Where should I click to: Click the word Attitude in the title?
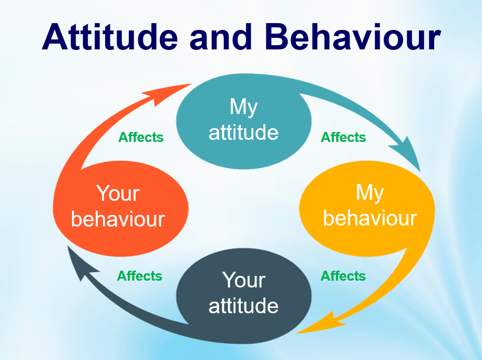coord(110,37)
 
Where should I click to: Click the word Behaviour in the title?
coord(353,37)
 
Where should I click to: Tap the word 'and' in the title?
coord(221,37)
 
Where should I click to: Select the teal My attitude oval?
coord(244,121)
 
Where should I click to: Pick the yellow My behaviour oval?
coord(367,209)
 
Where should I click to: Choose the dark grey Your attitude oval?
coord(244,296)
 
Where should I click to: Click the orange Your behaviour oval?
coord(120,209)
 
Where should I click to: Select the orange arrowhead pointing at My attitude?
coord(168,92)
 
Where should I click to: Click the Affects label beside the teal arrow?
coord(343,137)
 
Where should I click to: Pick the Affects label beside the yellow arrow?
coord(343,276)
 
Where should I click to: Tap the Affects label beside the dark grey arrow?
coord(140,276)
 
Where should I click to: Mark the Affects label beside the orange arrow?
coord(141,137)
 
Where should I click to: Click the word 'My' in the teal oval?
coord(244,107)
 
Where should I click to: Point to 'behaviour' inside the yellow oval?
coord(370,218)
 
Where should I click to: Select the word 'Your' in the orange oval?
coord(118,193)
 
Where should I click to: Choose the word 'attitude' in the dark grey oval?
coord(243,305)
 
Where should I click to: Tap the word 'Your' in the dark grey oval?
coord(244,280)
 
